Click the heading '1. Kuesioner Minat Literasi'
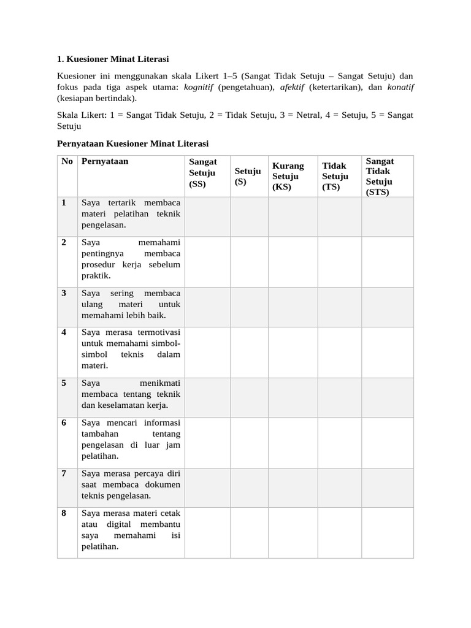pos(112,59)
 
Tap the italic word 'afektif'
pos(293,87)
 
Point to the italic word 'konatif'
pos(400,87)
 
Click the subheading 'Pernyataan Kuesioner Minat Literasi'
pos(133,144)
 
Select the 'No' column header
pos(67,161)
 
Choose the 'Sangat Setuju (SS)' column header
pos(203,172)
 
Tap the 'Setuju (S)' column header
pos(248,177)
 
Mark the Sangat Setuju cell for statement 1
pos(208,216)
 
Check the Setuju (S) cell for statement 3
pos(249,307)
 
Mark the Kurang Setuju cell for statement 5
pos(293,397)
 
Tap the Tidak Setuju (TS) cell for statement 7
pos(339,487)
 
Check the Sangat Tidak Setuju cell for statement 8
pos(387,532)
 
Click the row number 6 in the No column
pos(64,423)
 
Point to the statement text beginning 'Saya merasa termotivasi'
pos(131,349)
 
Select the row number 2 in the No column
pos(64,242)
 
